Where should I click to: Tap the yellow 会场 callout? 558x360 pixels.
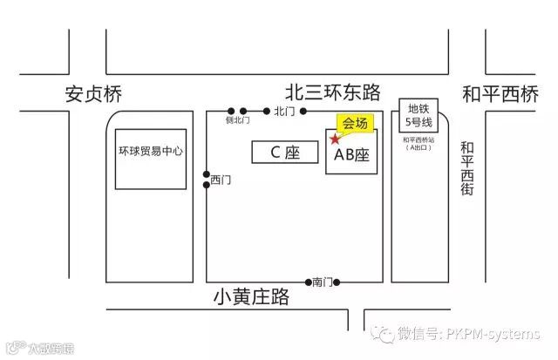click(356, 123)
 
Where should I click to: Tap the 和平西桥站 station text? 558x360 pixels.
click(418, 139)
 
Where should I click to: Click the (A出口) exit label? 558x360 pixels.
click(418, 149)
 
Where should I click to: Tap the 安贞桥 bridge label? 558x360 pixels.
click(97, 94)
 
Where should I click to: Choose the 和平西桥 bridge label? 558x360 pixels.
click(500, 92)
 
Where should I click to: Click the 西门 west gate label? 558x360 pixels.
click(221, 180)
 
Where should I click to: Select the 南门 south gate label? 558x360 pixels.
click(323, 282)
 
